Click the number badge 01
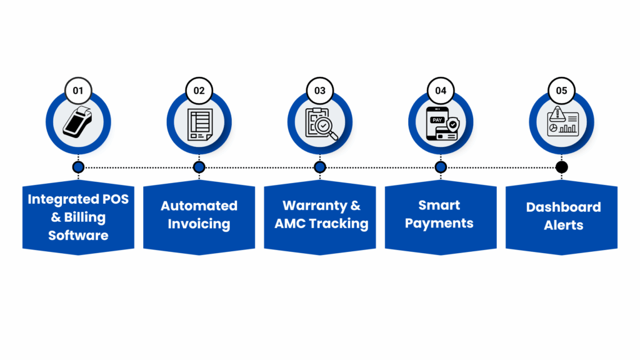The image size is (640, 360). [78, 91]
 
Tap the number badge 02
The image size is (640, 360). [199, 91]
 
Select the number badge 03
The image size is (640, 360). [320, 91]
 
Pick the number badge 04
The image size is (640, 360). [441, 91]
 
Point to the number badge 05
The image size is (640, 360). [561, 91]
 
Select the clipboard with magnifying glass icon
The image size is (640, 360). [320, 123]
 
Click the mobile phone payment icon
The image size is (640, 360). [441, 124]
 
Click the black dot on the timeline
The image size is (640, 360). [561, 167]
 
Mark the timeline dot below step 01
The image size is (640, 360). [78, 167]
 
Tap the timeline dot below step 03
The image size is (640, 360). [320, 167]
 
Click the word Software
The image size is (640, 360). [78, 236]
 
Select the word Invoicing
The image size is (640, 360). [199, 224]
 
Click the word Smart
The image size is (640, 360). [440, 205]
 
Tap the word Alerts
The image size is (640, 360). [563, 226]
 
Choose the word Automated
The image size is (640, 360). [199, 206]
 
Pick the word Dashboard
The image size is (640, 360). [563, 207]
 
